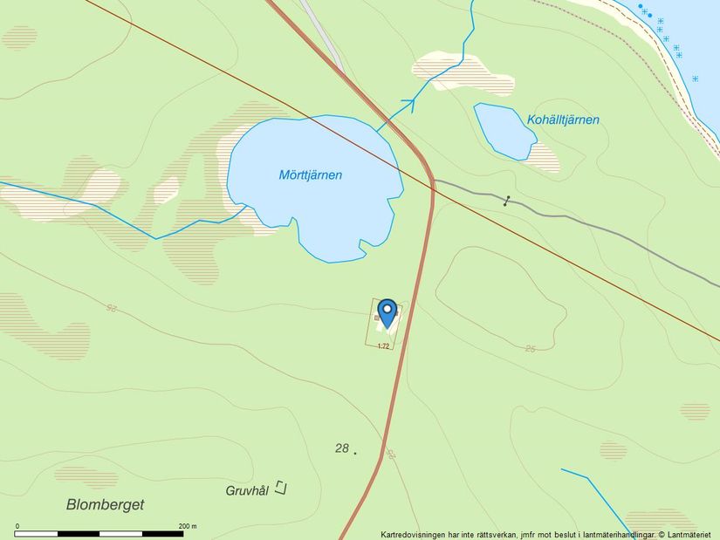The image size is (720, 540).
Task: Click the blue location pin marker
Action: [387, 311]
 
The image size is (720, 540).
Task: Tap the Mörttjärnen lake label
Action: [310, 175]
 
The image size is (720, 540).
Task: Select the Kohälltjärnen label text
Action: [563, 120]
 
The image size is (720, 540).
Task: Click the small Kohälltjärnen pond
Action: [504, 131]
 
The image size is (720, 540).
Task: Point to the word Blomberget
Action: [105, 504]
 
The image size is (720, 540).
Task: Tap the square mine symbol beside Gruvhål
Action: [280, 488]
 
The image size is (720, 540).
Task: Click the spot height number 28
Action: [341, 448]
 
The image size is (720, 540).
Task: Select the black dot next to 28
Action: [355, 453]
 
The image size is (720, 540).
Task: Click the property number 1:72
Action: [382, 346]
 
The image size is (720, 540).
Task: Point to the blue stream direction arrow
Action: [407, 105]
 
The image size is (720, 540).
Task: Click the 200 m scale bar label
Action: [188, 526]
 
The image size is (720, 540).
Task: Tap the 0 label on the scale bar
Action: [17, 526]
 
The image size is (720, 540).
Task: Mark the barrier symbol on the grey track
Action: [507, 201]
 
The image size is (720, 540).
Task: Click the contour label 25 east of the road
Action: [530, 349]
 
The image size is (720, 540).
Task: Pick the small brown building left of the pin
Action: [377, 318]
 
